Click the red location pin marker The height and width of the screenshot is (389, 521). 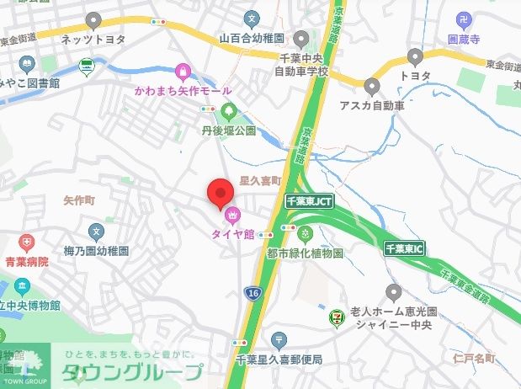coord(221,194)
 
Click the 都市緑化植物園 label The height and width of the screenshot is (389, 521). coord(305,253)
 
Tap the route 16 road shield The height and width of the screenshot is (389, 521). coord(253,291)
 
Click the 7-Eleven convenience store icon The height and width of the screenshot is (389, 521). coord(338,312)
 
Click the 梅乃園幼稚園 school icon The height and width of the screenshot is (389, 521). coord(96,232)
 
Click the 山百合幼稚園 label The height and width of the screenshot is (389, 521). coord(252,38)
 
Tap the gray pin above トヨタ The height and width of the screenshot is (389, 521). coord(414,57)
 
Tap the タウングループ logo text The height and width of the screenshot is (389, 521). coord(130,372)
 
